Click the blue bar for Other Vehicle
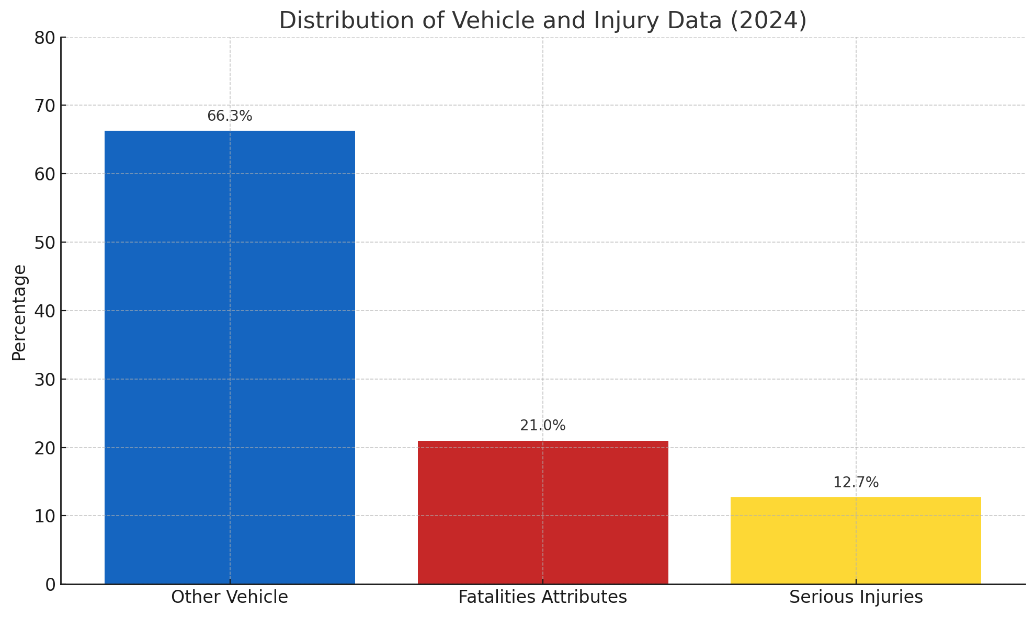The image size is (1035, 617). pos(230,357)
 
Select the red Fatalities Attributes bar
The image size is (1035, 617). pos(543,512)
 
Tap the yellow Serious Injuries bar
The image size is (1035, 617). pos(856,541)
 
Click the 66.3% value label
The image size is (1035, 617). pos(230,116)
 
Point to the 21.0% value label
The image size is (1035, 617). pos(543,426)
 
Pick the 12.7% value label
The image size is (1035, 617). pos(856,483)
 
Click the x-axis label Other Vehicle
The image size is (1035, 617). pos(230,597)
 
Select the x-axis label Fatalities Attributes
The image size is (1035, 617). pos(543,597)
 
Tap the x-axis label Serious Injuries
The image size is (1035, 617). pos(856,597)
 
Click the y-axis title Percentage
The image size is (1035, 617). pos(19,312)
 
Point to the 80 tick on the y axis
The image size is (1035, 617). pos(45,38)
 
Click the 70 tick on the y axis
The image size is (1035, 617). pos(45,106)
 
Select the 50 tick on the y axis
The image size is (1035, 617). pos(45,243)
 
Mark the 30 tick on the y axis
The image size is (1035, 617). pos(45,380)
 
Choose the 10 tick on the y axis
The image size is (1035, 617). pos(45,516)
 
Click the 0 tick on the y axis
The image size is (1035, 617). pos(50,585)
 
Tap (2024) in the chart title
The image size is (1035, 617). pos(768,21)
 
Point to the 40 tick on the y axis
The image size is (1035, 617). pos(45,311)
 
